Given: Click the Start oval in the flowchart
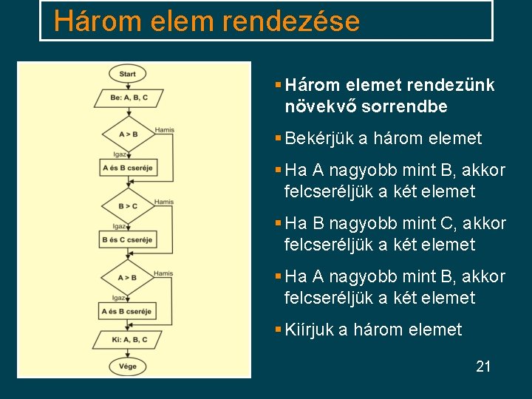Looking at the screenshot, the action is pos(127,74).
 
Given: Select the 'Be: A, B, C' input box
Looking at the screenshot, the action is pos(129,98).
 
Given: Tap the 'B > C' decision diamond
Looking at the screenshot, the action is pos(128,205).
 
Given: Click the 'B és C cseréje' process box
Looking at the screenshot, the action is pos(126,240).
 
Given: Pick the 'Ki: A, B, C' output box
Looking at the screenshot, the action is pos(129,339).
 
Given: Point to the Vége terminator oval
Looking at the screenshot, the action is pos(127,366).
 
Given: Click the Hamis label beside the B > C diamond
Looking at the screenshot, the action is pos(164,202).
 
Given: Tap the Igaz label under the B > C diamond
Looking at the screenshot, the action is pos(119,226).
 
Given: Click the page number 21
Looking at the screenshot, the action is pos(483,366).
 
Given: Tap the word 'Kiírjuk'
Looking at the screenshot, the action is pos(309,330).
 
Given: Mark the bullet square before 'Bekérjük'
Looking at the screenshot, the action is pos(278,138).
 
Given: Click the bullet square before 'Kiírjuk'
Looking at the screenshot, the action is pos(278,330).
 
